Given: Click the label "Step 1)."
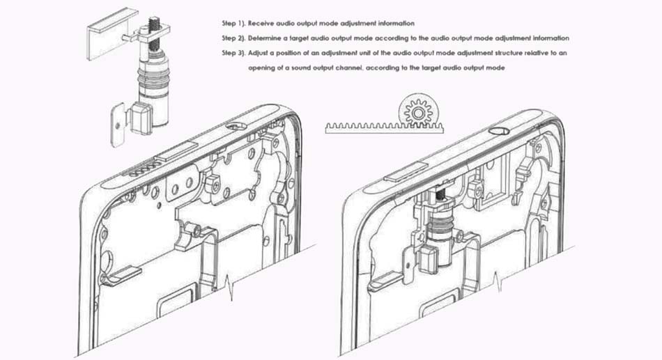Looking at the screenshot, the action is pos(233,23).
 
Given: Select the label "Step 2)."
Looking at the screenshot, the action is pos(233,38).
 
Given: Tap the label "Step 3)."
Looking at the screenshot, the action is pos(233,53).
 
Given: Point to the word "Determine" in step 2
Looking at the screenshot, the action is pos(264,38).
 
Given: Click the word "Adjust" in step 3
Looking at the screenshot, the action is pos(258,53).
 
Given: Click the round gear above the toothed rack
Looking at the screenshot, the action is pos(418,113).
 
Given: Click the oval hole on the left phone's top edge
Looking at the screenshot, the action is pos(235,126).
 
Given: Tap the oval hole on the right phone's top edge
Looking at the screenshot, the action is pos(500,130).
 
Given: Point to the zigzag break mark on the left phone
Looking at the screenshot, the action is pos(230,287).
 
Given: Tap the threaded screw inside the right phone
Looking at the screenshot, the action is pos(441,194).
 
